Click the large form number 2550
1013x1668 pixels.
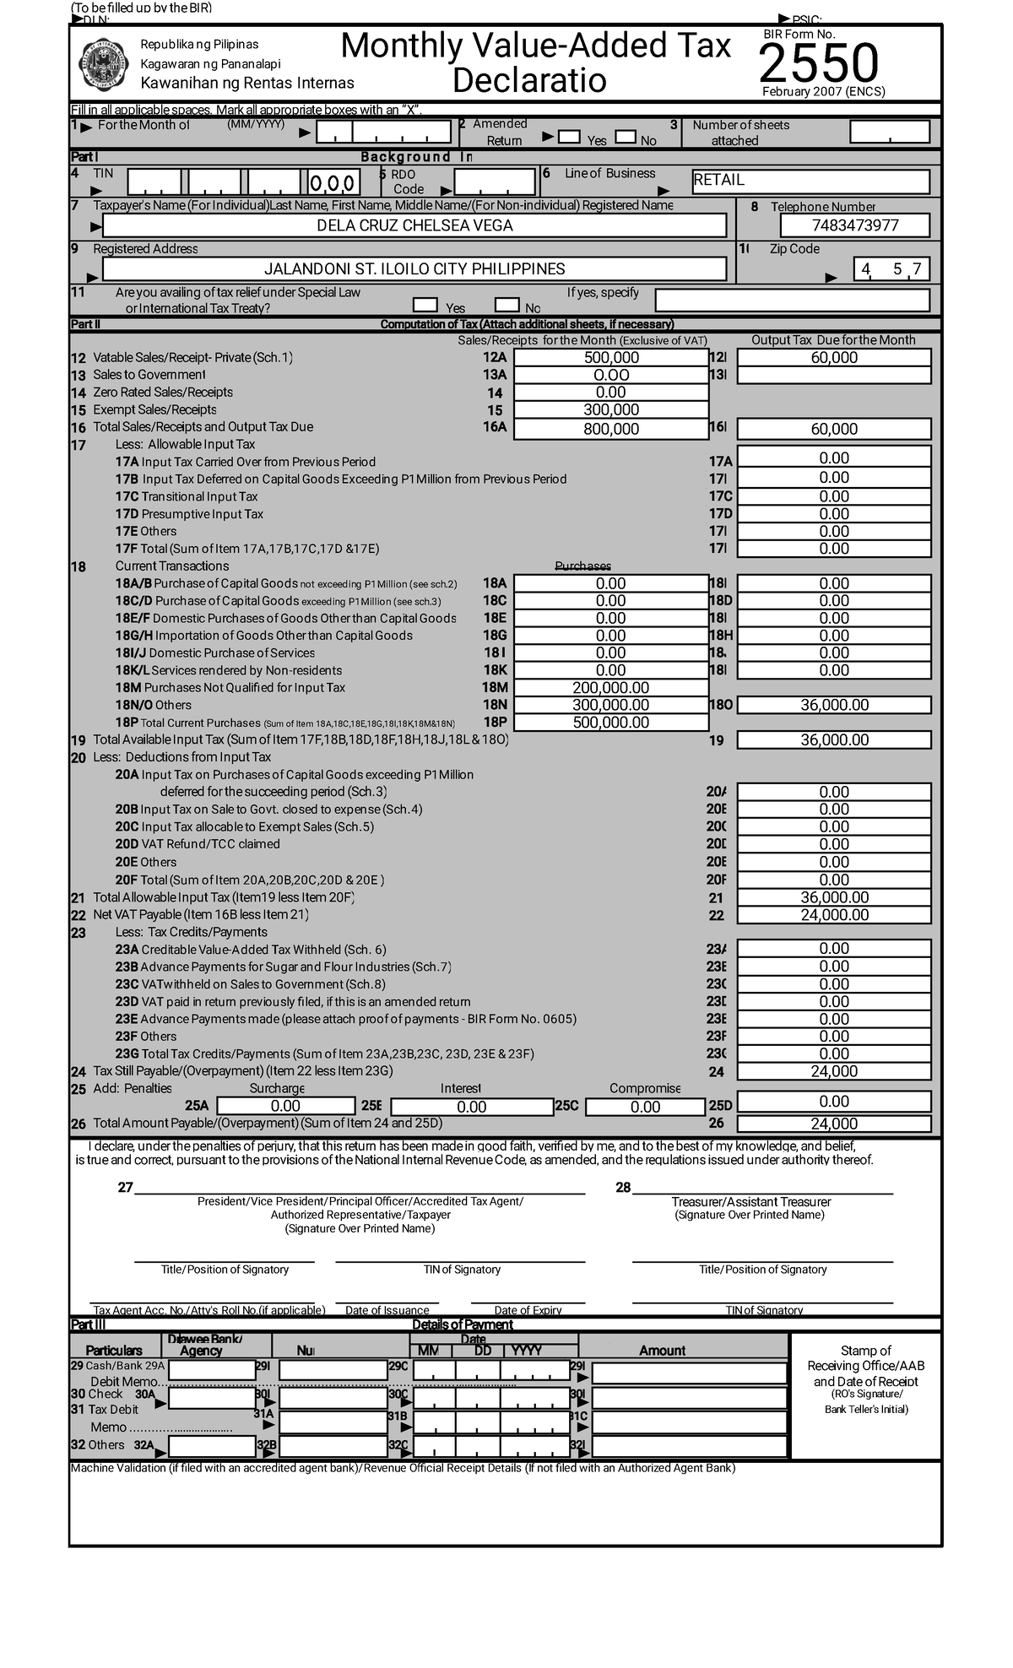pyautogui.click(x=818, y=63)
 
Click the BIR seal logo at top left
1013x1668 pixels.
pyautogui.click(x=102, y=66)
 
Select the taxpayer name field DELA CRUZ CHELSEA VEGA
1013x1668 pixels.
pyautogui.click(x=414, y=225)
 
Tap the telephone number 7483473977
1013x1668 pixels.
pyautogui.click(x=854, y=225)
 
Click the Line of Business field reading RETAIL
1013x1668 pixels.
pyautogui.click(x=810, y=181)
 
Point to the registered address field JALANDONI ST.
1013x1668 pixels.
pyautogui.click(x=414, y=269)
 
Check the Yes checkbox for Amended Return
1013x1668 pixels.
pyautogui.click(x=570, y=138)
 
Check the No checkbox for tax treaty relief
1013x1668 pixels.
pyautogui.click(x=506, y=306)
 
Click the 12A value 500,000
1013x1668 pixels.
pyautogui.click(x=611, y=358)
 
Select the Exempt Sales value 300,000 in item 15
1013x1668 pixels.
pyautogui.click(x=611, y=410)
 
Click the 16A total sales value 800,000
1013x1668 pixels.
pyautogui.click(x=611, y=429)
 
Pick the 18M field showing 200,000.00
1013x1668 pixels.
pyautogui.click(x=611, y=688)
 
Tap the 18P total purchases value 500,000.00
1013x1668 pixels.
pyautogui.click(x=611, y=723)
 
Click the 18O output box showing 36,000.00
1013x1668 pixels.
pyautogui.click(x=834, y=705)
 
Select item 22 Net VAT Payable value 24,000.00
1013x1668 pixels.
pyautogui.click(x=834, y=915)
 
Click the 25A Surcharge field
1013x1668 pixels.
pyautogui.click(x=285, y=1106)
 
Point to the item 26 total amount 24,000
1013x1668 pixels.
pyautogui.click(x=834, y=1124)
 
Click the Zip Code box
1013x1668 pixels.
pyautogui.click(x=891, y=269)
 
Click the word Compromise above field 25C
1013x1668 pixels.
pyautogui.click(x=644, y=1089)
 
